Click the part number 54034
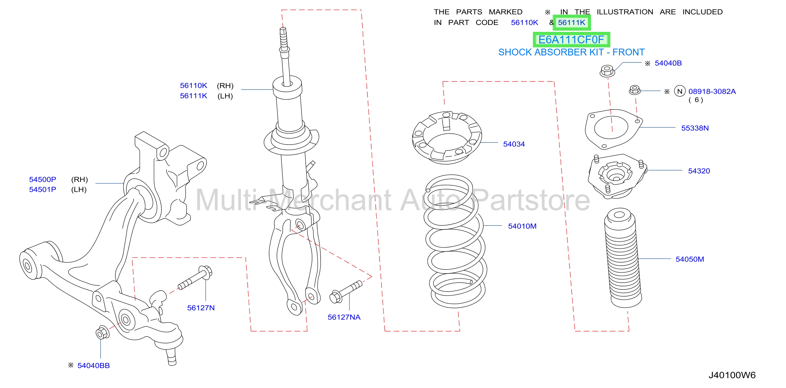pos(514,144)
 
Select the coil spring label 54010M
pos(522,226)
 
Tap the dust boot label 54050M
pos(690,259)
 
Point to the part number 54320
pos(699,171)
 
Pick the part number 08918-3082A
pos(712,92)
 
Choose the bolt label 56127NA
pos(344,317)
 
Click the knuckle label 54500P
pos(42,180)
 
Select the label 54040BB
pos(93,366)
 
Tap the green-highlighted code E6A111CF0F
pos(571,40)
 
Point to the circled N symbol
pos(679,91)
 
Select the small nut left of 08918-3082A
pos(635,90)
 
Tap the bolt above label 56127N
pos(195,278)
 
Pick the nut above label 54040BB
pos(102,333)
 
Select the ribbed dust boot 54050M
pos(622,258)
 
